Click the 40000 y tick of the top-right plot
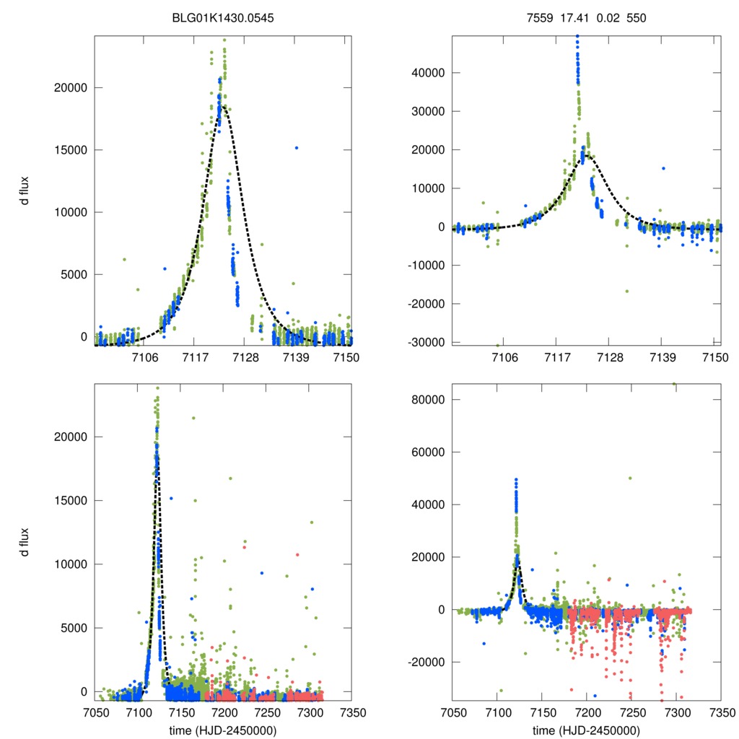[432, 73]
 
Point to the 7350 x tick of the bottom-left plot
[352, 713]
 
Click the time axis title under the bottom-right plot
[586, 730]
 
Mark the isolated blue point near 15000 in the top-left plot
[297, 148]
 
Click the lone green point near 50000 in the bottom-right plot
[630, 478]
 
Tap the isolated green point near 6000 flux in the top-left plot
[124, 259]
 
